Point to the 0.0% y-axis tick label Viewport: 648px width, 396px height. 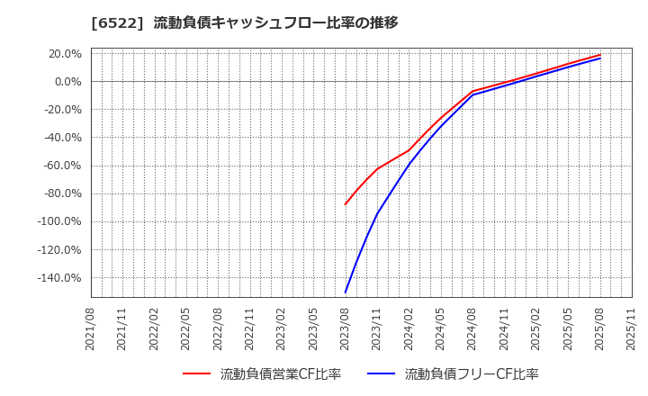click(67, 82)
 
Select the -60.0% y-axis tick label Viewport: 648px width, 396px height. click(60, 166)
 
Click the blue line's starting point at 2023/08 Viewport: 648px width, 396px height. click(346, 292)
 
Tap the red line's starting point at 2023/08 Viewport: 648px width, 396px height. click(346, 204)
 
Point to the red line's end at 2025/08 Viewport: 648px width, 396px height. click(600, 55)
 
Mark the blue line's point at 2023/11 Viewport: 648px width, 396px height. click(377, 213)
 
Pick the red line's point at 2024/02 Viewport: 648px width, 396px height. click(409, 149)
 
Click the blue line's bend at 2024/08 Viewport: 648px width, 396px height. click(472, 94)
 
